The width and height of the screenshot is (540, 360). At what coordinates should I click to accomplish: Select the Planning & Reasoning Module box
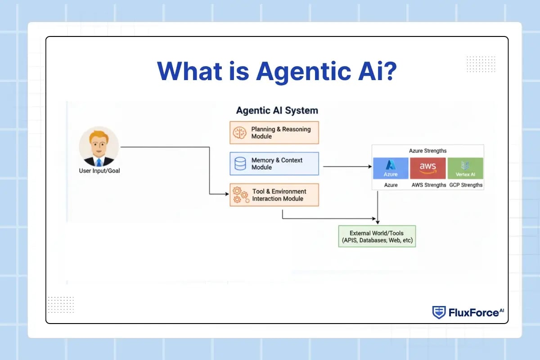[274, 133]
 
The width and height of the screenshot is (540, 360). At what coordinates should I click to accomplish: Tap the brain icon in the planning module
[239, 133]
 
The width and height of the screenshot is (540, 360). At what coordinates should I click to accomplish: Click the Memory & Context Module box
[274, 163]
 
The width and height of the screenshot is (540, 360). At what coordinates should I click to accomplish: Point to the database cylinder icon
[240, 163]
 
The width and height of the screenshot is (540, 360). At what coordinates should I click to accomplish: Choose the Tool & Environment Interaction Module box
[274, 195]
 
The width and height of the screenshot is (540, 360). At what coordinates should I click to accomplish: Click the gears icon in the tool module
[240, 195]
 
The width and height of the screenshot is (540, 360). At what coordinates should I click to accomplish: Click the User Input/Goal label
[99, 171]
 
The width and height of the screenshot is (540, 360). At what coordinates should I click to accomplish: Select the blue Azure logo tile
[391, 168]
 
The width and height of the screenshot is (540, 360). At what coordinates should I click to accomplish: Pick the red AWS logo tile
[428, 168]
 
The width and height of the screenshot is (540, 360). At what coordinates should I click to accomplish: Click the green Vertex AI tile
[465, 168]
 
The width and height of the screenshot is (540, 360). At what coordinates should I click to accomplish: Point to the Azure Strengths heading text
[427, 151]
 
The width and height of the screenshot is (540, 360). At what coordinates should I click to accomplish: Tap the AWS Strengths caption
[429, 185]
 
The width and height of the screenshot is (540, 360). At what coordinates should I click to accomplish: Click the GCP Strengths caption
[466, 185]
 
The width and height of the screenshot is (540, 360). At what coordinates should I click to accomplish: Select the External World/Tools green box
[377, 237]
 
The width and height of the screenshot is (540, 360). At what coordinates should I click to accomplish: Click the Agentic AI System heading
[277, 110]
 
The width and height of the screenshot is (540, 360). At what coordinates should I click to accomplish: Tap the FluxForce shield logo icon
[439, 312]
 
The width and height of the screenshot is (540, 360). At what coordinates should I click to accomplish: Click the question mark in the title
[388, 71]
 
